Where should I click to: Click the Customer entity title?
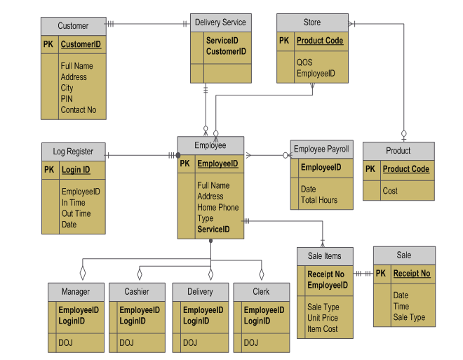tap(73, 26)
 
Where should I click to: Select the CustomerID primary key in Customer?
tap(81, 44)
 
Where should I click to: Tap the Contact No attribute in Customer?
tap(78, 110)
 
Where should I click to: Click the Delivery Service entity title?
tap(220, 22)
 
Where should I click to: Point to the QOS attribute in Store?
tap(304, 62)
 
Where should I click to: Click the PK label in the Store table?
tap(284, 41)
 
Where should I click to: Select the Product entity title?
tap(398, 151)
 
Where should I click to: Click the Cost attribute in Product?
tap(390, 191)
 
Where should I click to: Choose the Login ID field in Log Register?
tap(76, 170)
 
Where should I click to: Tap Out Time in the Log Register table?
tap(76, 213)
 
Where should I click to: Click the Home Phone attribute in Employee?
tap(217, 208)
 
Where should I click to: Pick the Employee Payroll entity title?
tap(321, 149)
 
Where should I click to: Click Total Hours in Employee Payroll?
tap(318, 200)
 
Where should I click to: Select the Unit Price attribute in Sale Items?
tap(323, 318)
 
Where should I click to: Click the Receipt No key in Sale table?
tap(412, 274)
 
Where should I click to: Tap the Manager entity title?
tap(76, 292)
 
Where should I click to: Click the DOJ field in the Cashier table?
tap(126, 343)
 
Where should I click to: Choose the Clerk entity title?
tap(261, 292)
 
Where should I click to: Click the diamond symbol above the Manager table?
tap(83, 270)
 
